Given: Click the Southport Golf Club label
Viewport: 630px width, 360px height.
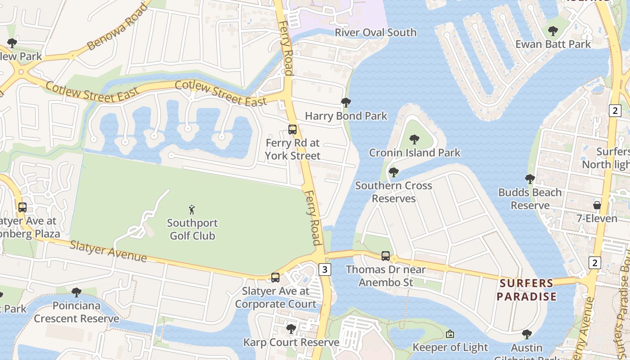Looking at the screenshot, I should (192, 229).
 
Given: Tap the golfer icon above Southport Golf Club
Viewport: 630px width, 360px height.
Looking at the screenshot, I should (192, 210).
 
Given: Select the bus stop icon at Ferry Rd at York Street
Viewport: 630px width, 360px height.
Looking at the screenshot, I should (292, 130).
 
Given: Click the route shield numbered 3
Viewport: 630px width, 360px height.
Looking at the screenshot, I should (325, 269).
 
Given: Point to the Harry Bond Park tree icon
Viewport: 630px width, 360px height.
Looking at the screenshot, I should (346, 103).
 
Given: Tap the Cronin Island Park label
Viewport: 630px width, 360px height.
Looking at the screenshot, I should (414, 153).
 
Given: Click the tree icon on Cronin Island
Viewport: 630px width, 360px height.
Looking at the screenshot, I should (414, 139).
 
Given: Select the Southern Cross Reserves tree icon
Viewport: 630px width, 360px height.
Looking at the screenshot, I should (394, 172).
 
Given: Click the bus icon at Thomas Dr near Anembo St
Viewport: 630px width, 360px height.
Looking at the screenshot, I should (386, 256).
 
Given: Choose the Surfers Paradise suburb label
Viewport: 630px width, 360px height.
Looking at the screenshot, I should (527, 290).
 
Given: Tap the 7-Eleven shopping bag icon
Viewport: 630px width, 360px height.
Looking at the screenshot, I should (597, 205).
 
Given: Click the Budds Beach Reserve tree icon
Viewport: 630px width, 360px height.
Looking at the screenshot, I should (530, 179).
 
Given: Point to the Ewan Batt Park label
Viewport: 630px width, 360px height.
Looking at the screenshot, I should (553, 44).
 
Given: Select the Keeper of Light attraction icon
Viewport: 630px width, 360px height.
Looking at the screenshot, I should (450, 334).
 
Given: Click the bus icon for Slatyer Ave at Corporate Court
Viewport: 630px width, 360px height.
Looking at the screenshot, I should (275, 278).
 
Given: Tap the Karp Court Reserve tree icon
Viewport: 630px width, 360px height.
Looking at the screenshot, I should (291, 329).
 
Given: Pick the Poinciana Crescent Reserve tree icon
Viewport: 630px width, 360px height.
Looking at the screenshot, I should (76, 292).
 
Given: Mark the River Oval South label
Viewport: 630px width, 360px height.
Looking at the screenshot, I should (376, 32).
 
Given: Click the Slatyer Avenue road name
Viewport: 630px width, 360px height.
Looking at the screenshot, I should (108, 251).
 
